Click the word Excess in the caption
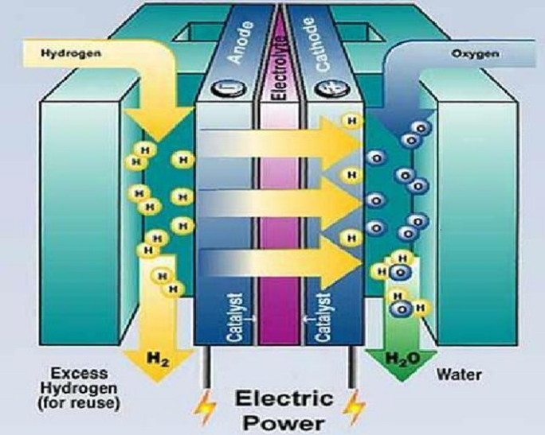(x=73, y=372)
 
